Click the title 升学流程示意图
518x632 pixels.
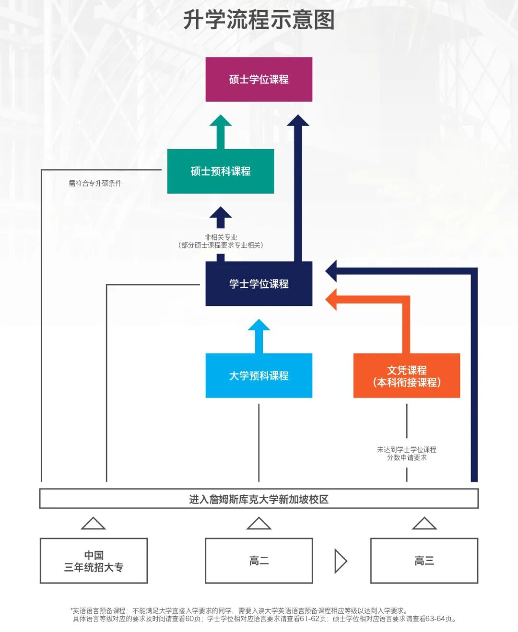coord(259,20)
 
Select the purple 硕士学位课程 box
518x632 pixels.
coord(259,80)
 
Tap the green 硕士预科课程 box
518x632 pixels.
coord(221,171)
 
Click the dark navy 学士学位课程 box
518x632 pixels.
coord(259,284)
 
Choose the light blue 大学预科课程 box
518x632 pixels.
coord(259,375)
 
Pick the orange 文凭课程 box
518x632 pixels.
coord(406,376)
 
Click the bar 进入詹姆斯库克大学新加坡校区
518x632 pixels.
coord(259,499)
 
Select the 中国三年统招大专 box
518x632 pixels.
coord(94,561)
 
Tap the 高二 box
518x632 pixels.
coord(259,561)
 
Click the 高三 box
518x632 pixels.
coord(424,561)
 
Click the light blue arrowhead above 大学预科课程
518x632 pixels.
coord(259,326)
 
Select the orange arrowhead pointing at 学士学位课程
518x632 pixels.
coord(332,300)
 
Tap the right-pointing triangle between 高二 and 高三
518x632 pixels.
coord(341,561)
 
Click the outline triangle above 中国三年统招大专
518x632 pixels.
coord(94,524)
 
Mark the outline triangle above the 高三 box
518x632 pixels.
coord(424,524)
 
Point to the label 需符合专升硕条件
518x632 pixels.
coord(95,183)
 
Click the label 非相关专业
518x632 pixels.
coord(221,237)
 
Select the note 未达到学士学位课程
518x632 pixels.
coord(406,450)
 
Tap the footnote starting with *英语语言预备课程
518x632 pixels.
coord(240,611)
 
